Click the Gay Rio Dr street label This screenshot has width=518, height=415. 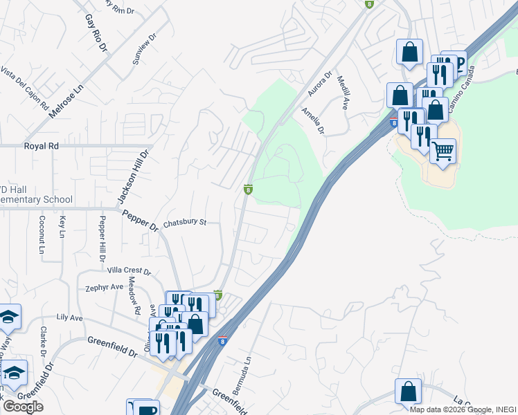[96, 33]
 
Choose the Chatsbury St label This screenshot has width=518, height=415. [185, 223]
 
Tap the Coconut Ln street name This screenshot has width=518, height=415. [42, 234]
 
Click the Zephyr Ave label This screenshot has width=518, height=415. [104, 287]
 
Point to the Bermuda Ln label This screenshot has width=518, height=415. [240, 373]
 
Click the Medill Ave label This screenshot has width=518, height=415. [342, 93]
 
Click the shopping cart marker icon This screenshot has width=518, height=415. [443, 149]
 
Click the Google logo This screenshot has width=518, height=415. [23, 407]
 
